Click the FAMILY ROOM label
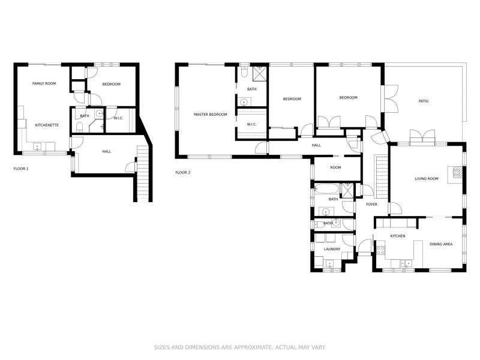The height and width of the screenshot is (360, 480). click(44, 83)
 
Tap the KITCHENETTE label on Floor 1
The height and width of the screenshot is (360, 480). click(46, 125)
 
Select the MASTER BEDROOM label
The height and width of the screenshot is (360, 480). click(210, 114)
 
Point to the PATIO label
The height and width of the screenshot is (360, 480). click(424, 101)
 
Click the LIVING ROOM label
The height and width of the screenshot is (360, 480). click(427, 179)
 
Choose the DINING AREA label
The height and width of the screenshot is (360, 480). click(441, 244)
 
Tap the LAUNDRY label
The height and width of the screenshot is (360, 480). click(332, 249)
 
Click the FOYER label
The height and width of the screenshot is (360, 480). click(371, 204)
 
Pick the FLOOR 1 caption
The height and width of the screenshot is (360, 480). click(21, 169)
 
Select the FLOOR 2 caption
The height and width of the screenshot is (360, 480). click(183, 172)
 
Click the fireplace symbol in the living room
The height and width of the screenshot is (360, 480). click(458, 172)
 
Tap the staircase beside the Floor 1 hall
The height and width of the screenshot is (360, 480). click(142, 174)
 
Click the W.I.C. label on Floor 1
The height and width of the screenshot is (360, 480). click(118, 118)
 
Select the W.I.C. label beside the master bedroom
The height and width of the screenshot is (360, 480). click(251, 124)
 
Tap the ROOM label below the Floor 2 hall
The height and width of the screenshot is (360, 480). click(335, 167)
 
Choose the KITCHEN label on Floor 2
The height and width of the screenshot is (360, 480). click(398, 236)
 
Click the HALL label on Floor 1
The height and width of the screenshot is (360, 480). click(107, 151)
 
